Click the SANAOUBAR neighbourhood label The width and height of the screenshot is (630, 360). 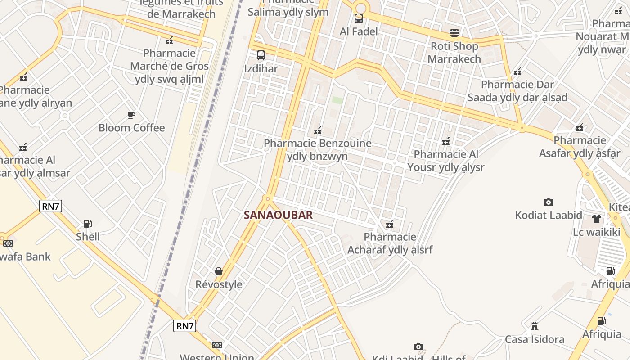[278, 215]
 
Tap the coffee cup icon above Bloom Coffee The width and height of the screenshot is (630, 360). [131, 115]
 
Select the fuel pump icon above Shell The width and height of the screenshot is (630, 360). [87, 224]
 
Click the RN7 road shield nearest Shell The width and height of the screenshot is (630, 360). [50, 207]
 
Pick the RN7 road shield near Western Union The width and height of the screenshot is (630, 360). [185, 326]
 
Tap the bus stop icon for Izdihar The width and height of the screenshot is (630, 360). [261, 56]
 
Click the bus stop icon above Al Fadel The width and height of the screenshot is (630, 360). [359, 18]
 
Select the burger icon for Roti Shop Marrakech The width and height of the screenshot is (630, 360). [454, 33]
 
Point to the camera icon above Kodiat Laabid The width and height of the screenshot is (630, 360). [548, 202]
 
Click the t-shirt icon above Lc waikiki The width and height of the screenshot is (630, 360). [596, 219]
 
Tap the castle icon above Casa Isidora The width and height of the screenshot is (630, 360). [535, 326]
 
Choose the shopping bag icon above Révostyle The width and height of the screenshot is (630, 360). [219, 271]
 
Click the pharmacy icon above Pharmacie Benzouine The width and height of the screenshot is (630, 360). [318, 130]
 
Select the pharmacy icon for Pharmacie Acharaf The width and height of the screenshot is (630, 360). [390, 224]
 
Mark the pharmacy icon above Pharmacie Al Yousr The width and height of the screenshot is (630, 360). [446, 141]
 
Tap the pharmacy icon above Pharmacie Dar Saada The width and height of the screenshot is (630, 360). [517, 71]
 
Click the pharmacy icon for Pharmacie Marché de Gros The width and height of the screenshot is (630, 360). [169, 40]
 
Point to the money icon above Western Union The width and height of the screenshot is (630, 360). [217, 345]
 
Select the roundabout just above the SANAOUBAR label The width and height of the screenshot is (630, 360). [268, 198]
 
